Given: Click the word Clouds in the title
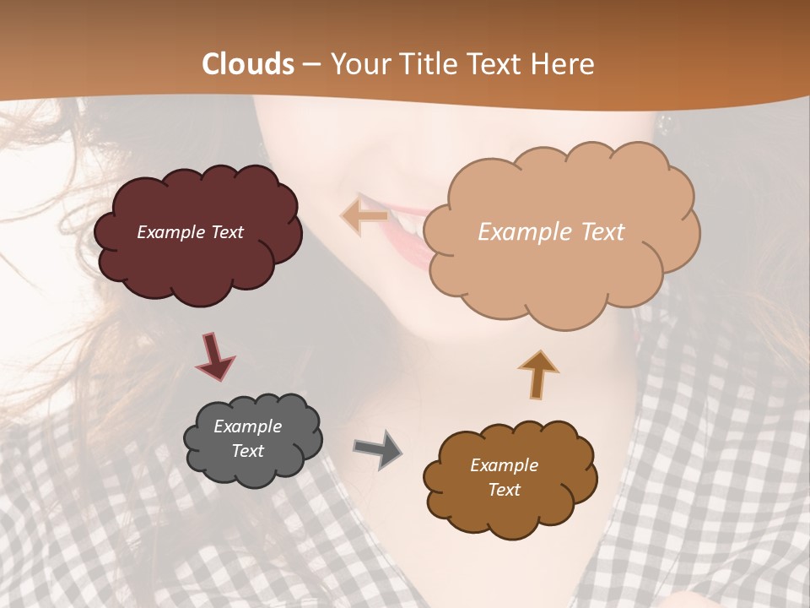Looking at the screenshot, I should (249, 64).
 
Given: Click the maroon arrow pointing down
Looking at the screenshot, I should (215, 356).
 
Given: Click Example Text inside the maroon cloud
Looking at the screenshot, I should (190, 232).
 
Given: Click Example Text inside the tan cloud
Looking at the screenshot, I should (551, 232).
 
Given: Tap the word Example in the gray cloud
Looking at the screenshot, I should (247, 426).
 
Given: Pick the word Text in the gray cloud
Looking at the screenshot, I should (247, 451).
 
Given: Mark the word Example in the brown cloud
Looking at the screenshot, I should (504, 465).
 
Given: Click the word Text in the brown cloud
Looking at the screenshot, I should (504, 490).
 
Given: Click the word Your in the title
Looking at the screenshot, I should (359, 64).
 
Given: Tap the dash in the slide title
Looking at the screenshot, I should (310, 64).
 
